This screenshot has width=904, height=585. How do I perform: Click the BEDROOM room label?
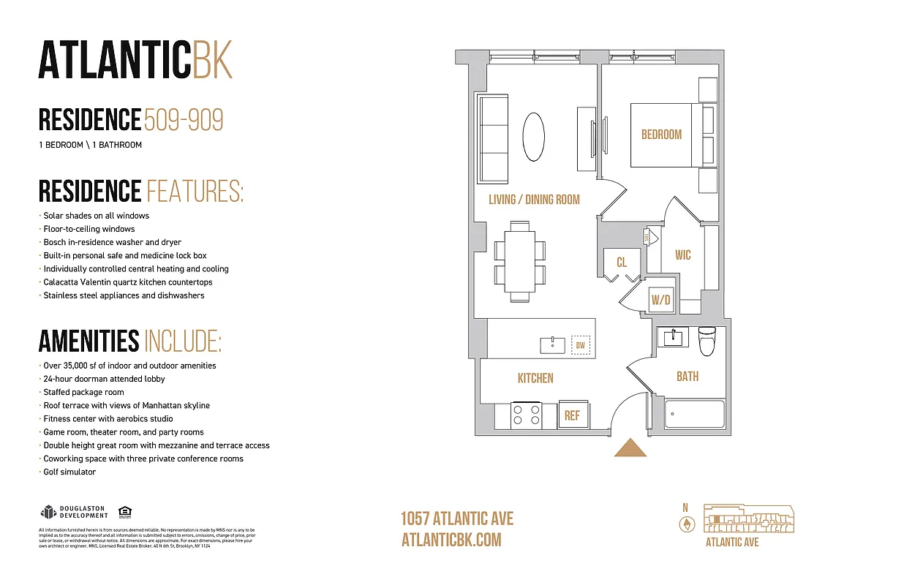(x=661, y=135)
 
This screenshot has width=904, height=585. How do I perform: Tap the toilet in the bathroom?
(x=706, y=341)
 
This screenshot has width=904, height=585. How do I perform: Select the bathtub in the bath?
(x=694, y=415)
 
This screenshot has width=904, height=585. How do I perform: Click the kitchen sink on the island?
(x=553, y=344)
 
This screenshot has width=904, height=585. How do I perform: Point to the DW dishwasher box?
(x=580, y=345)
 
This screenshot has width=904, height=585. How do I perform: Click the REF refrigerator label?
(x=572, y=415)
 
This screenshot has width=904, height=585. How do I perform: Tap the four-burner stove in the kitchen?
(x=525, y=415)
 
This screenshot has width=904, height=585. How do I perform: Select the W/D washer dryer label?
(x=661, y=300)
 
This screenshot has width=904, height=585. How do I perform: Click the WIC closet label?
(x=682, y=255)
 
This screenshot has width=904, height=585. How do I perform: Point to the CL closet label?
(x=622, y=262)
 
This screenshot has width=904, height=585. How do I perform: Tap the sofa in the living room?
(x=493, y=139)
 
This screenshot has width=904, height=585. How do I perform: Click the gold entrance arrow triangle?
(x=630, y=448)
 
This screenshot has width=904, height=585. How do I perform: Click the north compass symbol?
(x=685, y=524)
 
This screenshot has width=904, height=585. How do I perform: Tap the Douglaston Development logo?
(x=74, y=512)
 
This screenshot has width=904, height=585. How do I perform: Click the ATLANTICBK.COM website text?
(x=451, y=540)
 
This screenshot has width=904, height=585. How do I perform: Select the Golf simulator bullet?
(x=69, y=472)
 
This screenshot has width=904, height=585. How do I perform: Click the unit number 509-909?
(x=184, y=120)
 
